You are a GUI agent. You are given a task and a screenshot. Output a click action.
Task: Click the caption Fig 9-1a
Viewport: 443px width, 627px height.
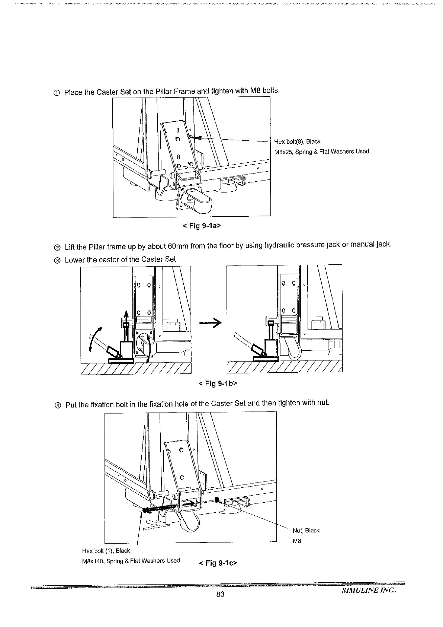pos(202,226)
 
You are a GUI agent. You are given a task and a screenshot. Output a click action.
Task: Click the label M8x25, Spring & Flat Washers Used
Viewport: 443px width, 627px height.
pos(321,152)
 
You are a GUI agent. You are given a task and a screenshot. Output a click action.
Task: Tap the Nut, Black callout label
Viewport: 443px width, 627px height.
pos(306,531)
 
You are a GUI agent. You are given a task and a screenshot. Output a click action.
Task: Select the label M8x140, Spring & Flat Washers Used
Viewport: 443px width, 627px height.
pos(131,561)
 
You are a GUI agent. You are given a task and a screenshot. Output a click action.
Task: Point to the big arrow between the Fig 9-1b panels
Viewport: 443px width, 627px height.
pos(210,323)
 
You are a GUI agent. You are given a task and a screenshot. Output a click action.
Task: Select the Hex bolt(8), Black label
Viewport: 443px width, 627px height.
pos(297,141)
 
